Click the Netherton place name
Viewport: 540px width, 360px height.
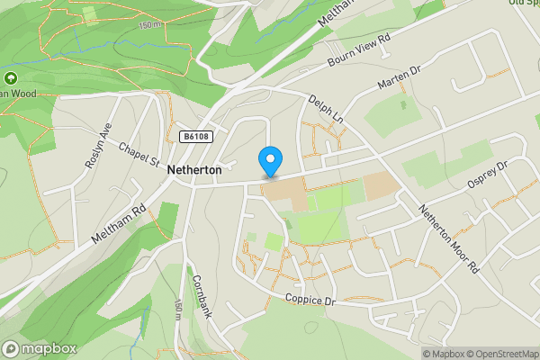pyautogui.click(x=193, y=168)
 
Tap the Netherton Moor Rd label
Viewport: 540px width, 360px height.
pyautogui.click(x=448, y=238)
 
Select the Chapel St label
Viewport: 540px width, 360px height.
pyautogui.click(x=138, y=155)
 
